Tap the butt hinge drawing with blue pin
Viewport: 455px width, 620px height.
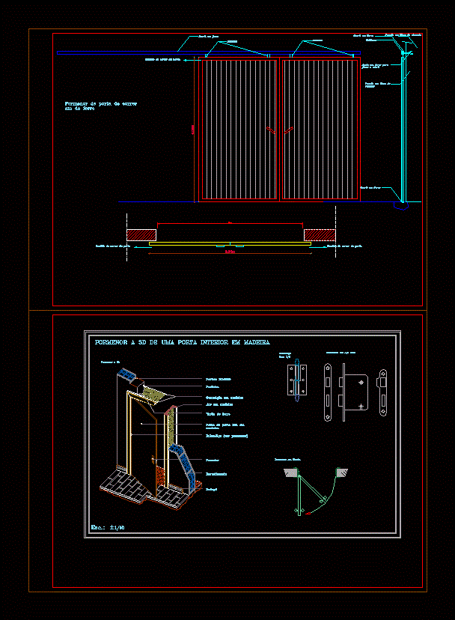(297, 383)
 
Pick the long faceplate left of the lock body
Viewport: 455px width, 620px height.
(329, 392)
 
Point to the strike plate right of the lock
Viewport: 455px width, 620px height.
(382, 391)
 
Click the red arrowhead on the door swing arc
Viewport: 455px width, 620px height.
(323, 499)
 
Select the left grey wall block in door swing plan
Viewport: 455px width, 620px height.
(290, 472)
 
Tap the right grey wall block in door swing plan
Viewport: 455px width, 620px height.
(343, 472)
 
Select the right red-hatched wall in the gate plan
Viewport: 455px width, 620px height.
(318, 234)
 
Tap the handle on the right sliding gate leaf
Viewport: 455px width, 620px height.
(287, 131)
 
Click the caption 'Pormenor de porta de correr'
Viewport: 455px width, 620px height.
(101, 103)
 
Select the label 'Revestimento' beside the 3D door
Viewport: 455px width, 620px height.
(217, 474)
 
